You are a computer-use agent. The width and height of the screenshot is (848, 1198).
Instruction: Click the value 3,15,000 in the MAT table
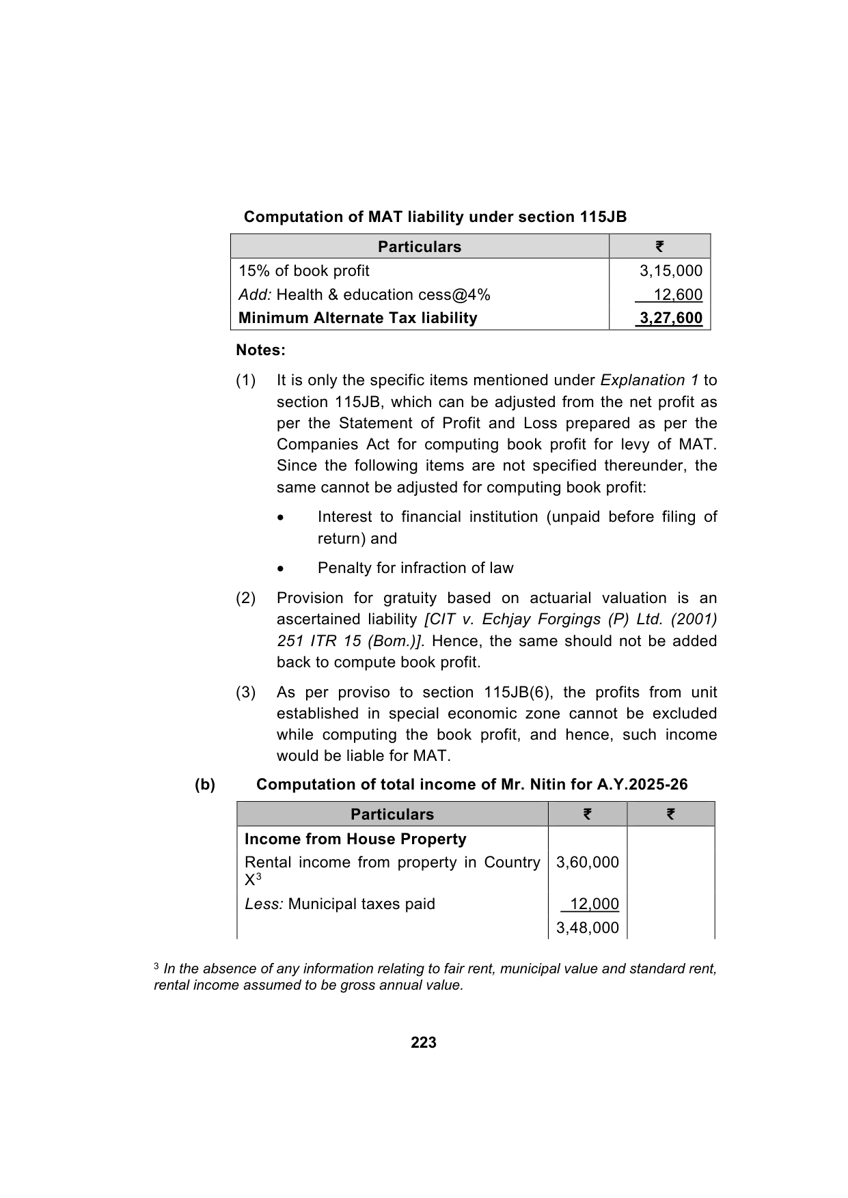[x=670, y=271]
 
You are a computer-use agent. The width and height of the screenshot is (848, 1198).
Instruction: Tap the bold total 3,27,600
[x=670, y=318]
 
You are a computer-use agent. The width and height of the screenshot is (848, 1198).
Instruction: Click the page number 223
[x=424, y=1042]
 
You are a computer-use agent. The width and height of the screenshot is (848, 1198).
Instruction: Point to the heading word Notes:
[x=260, y=350]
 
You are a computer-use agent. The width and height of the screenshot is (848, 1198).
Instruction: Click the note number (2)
[x=246, y=598]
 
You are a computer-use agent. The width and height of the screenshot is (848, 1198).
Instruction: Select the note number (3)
[x=246, y=693]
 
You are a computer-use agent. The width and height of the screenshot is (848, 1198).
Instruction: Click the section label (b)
[x=205, y=785]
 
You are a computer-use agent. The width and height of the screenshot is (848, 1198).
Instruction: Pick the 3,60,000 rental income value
[x=588, y=863]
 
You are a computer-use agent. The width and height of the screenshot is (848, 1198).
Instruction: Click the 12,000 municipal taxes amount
[x=594, y=904]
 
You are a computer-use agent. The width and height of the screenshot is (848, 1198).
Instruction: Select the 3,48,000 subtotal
[x=588, y=928]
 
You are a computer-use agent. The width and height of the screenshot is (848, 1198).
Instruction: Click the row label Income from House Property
[x=355, y=839]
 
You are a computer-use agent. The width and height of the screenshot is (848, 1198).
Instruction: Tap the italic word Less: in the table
[x=264, y=904]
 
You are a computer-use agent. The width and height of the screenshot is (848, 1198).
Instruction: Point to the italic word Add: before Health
[x=255, y=295]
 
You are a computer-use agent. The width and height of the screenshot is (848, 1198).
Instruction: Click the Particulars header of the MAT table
[x=420, y=247]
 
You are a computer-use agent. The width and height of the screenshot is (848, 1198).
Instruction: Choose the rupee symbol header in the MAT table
[x=659, y=247]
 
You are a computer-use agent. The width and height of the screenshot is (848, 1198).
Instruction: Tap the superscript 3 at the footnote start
[x=156, y=966]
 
